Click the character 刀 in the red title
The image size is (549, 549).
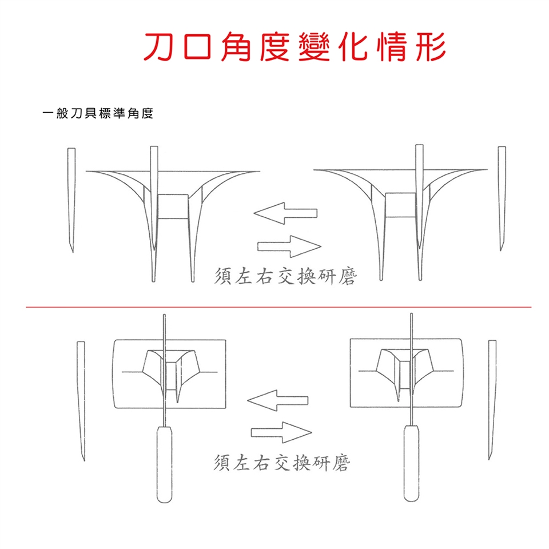coord(160,46)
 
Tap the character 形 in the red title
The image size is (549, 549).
coord(429,46)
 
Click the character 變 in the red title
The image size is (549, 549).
coord(314,46)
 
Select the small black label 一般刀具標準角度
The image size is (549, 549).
coord(98,113)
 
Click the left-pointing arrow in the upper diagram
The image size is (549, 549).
coord(285,213)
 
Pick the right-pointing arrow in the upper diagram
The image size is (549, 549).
coord(289,246)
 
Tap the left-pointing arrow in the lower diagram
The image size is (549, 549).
coord(278,400)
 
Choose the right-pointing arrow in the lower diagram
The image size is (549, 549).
coord(281,432)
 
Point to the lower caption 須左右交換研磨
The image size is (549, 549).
coord(282,462)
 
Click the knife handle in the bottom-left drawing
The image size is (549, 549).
coord(164,464)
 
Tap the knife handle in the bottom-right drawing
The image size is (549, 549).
coord(411,463)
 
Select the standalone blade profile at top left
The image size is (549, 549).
coord(71,200)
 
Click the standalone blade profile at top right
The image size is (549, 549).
coord(502,198)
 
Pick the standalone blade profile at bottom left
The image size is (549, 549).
coord(81,401)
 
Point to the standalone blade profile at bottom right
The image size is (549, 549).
coord(492,400)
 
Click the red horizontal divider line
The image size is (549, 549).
coord(279,307)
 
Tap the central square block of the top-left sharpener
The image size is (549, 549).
coord(173,206)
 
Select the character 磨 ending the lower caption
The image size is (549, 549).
coord(341,463)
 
